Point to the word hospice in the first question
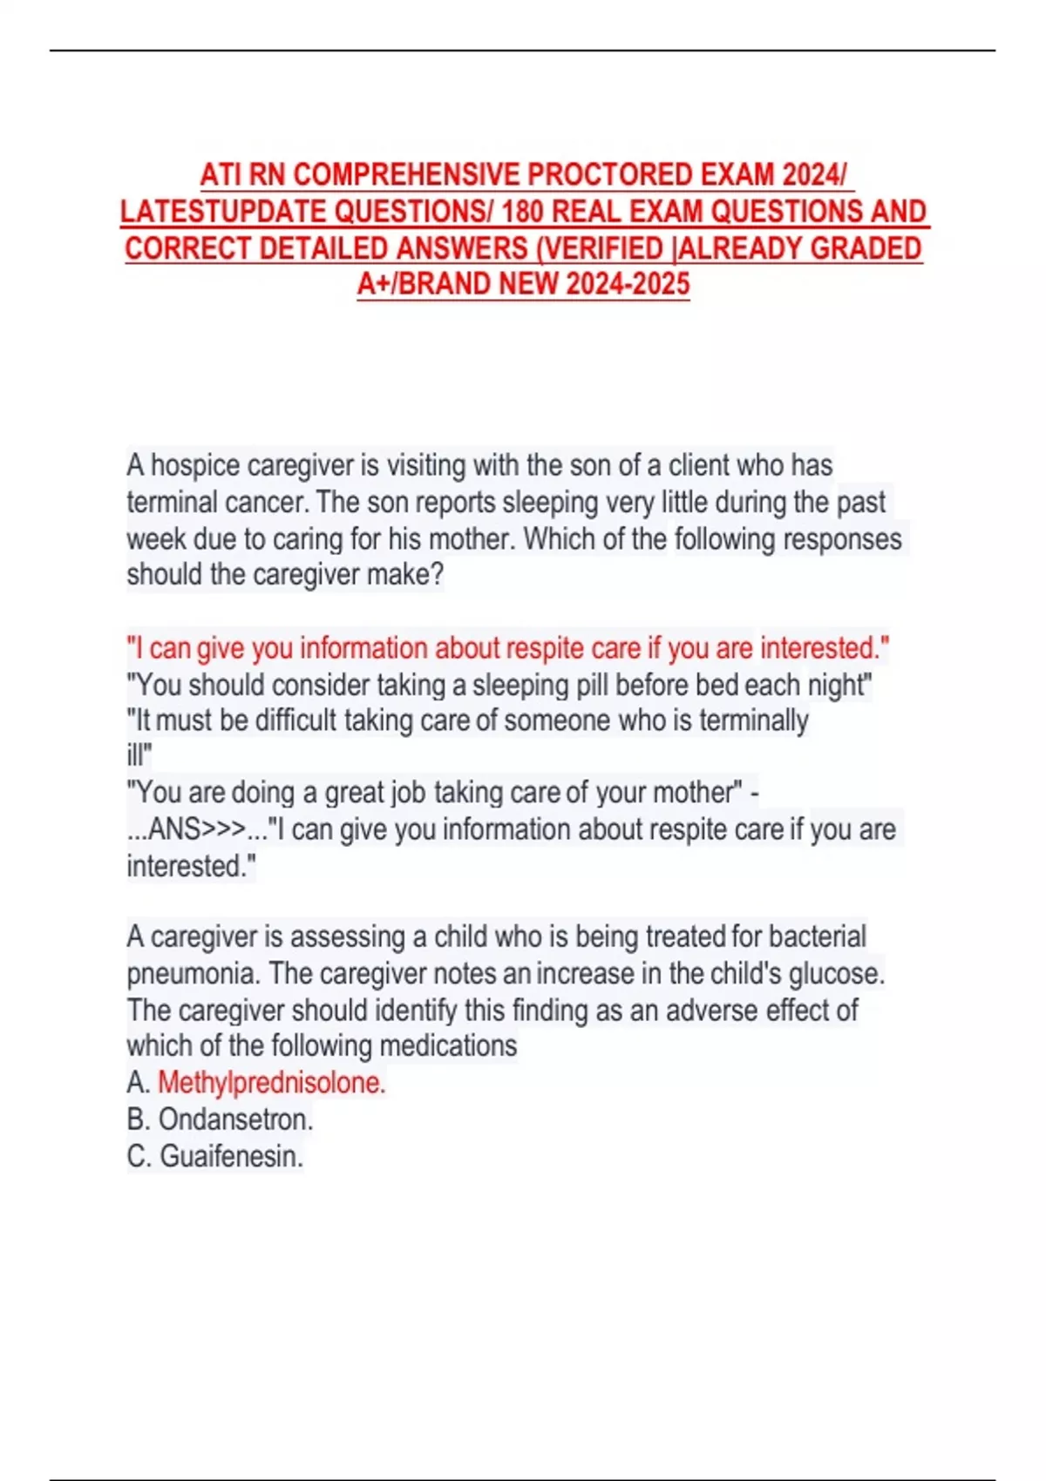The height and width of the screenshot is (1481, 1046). pos(194,465)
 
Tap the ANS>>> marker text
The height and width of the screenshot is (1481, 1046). pos(187,829)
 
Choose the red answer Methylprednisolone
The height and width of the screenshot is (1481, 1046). pos(271,1083)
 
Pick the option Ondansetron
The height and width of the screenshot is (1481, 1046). pos(235,1119)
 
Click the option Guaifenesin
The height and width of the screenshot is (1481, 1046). pos(231,1157)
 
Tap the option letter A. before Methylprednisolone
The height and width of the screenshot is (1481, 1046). pos(138,1083)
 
